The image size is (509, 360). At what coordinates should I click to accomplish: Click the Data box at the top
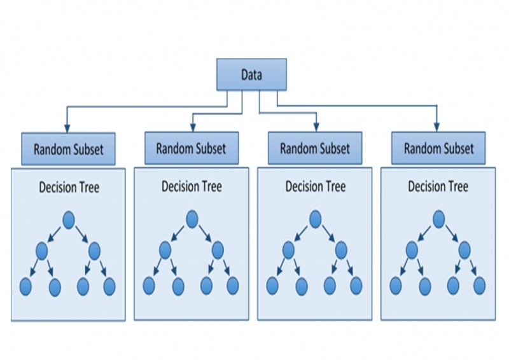(251, 74)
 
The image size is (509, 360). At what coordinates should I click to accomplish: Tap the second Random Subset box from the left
(190, 149)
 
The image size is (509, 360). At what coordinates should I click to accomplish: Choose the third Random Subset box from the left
(314, 149)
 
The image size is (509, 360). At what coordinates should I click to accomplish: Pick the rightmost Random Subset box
(438, 149)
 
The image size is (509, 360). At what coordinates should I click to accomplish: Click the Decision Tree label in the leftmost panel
(69, 187)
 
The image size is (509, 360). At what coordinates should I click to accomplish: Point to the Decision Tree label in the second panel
(192, 186)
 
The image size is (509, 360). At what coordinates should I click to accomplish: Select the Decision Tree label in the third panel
(315, 186)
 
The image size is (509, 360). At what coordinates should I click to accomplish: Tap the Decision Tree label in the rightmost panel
(438, 186)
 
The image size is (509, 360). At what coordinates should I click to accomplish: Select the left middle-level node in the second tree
(165, 249)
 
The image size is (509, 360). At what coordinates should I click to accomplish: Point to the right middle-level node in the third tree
(342, 249)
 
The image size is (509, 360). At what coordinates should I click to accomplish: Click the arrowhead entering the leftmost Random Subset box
(67, 129)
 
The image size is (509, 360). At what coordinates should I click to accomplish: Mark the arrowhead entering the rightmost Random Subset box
(436, 128)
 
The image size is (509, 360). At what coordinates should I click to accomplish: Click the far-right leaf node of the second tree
(233, 285)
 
